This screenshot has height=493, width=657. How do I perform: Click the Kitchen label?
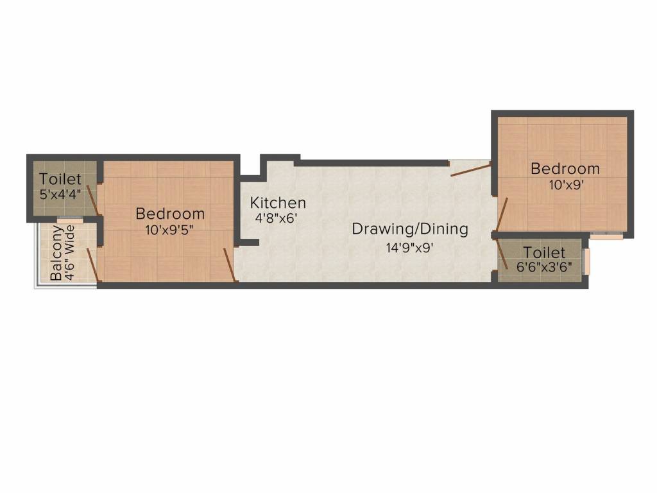click(278, 203)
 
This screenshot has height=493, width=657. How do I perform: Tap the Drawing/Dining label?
click(410, 229)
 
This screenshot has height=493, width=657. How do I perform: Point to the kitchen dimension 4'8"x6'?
click(276, 218)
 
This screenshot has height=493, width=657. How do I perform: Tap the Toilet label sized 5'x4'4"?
click(60, 179)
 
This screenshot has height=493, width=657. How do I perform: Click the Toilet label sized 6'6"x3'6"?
click(543, 252)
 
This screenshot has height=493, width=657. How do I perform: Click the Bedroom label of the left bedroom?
click(170, 213)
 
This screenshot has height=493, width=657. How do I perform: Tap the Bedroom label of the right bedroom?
click(565, 169)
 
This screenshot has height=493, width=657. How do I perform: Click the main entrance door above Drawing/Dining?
click(471, 169)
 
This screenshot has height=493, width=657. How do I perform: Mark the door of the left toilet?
click(93, 200)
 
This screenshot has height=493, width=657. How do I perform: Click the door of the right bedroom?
click(501, 214)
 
